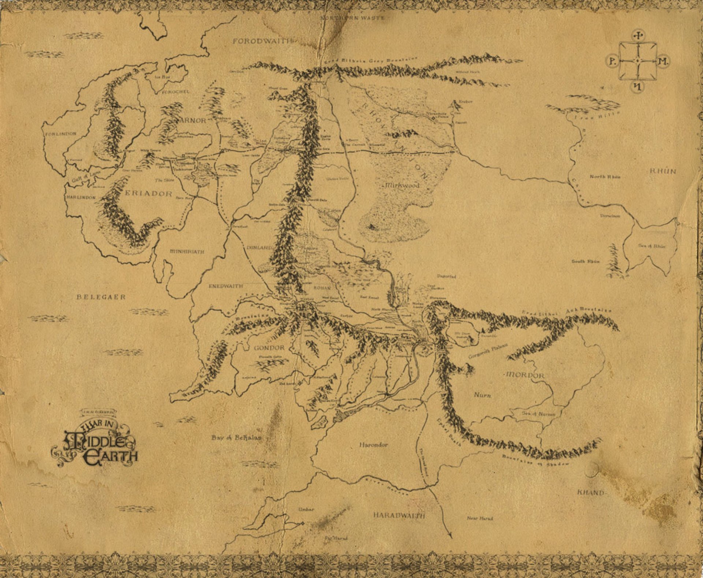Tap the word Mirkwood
(x=402, y=186)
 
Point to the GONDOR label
(x=269, y=347)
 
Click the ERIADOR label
(x=149, y=194)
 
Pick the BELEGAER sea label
(x=101, y=297)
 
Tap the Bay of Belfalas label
(x=237, y=437)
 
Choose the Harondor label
(x=373, y=445)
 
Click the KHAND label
(x=591, y=493)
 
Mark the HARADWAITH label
(x=399, y=515)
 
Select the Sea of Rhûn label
(x=652, y=246)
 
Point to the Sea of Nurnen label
(x=539, y=414)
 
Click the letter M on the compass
(x=663, y=61)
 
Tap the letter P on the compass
(x=612, y=61)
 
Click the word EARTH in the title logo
(x=111, y=458)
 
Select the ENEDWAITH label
(x=226, y=286)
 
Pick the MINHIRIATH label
(x=187, y=252)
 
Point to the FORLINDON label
(x=61, y=134)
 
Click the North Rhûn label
(x=605, y=177)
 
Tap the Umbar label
(x=306, y=509)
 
